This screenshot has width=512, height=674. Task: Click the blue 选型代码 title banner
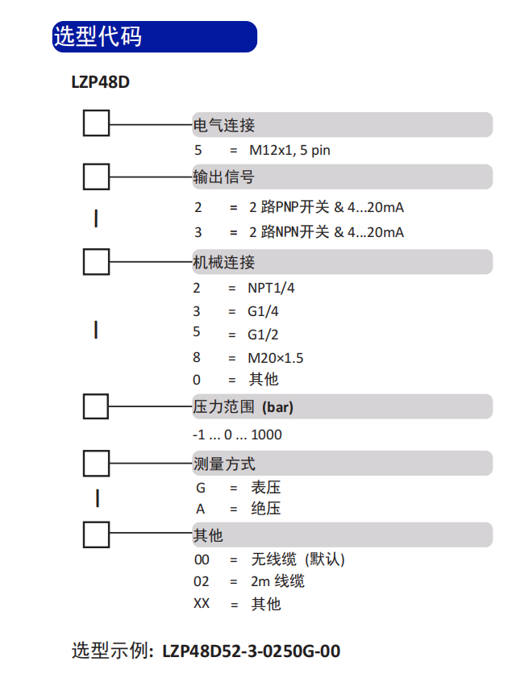tap(155, 36)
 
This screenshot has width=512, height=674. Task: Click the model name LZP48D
tap(101, 82)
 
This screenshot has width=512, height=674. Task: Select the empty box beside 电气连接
tap(96, 123)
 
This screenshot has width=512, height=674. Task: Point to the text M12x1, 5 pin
tap(289, 150)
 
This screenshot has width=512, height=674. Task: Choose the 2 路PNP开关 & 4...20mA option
tap(327, 207)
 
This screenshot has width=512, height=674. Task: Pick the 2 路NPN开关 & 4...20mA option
tap(327, 232)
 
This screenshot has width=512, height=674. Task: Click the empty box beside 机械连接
tap(96, 261)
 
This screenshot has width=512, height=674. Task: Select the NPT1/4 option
tap(271, 288)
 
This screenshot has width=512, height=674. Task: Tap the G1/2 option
tap(263, 335)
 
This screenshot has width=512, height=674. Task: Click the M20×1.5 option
tap(276, 358)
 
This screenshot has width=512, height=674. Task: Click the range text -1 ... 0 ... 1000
tap(237, 435)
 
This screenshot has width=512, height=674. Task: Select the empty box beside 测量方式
tap(96, 464)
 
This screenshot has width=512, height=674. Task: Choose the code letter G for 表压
tap(200, 488)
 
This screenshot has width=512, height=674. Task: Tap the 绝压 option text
tap(265, 509)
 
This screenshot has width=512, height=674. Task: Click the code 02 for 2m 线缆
tap(202, 581)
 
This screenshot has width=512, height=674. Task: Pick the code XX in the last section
tap(202, 604)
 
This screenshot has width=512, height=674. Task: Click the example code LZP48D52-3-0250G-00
tap(252, 651)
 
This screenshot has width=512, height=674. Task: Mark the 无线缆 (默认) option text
tap(298, 560)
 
